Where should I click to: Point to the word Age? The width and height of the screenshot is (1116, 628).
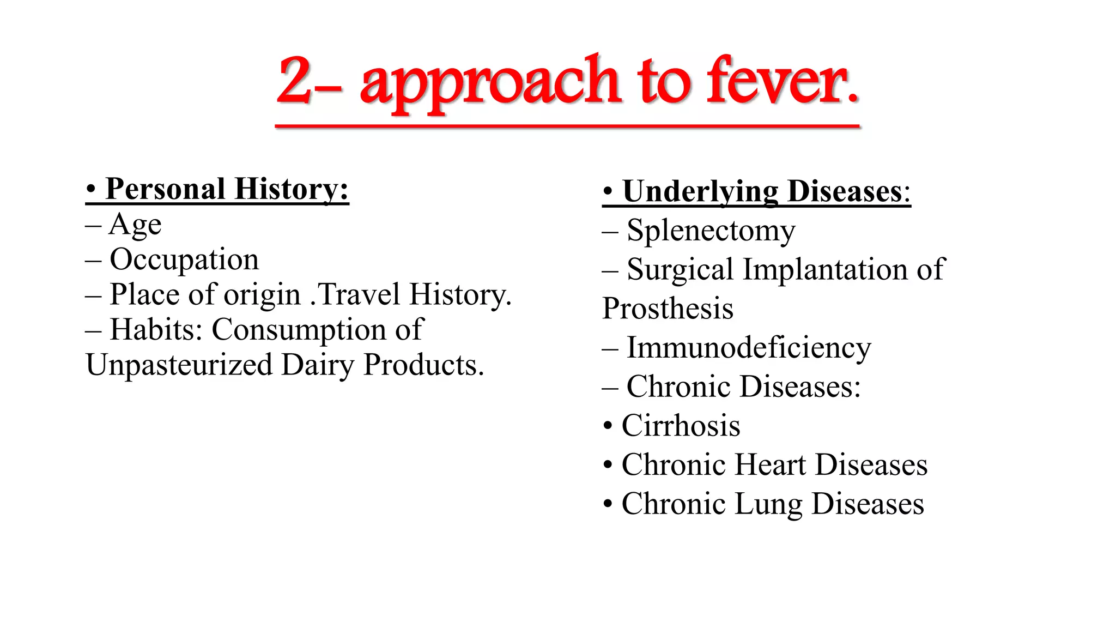pyautogui.click(x=135, y=225)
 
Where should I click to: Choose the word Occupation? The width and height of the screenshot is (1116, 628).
pyautogui.click(x=184, y=259)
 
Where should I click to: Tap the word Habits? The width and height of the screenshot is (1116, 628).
pyautogui.click(x=155, y=329)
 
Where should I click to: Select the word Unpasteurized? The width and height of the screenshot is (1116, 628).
pyautogui.click(x=179, y=365)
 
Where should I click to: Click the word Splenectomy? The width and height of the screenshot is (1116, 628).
pyautogui.click(x=711, y=231)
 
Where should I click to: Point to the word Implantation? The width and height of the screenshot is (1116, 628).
pyautogui.click(x=825, y=269)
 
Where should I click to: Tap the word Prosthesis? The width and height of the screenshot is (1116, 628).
pyautogui.click(x=668, y=309)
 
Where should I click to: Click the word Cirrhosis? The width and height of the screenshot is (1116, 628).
pyautogui.click(x=681, y=426)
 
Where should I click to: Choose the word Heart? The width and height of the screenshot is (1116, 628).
pyautogui.click(x=769, y=465)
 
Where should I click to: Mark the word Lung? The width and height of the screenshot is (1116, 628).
pyautogui.click(x=768, y=504)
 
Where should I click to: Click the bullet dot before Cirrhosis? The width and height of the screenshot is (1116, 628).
pyautogui.click(x=608, y=426)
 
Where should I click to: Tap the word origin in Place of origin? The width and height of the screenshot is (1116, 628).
pyautogui.click(x=262, y=295)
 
